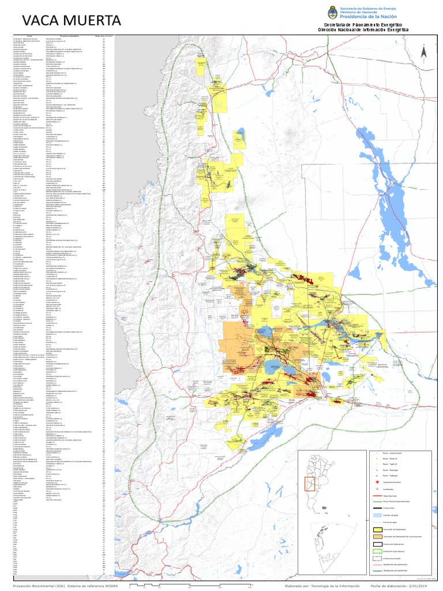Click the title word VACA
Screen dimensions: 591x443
tap(41, 21)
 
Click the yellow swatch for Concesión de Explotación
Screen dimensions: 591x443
tap(378, 529)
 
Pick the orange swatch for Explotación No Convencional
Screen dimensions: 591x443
tap(378, 536)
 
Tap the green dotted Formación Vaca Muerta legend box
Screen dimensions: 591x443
tap(378, 551)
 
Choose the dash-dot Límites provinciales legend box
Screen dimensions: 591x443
tap(378, 559)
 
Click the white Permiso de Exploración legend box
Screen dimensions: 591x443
tap(378, 544)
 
